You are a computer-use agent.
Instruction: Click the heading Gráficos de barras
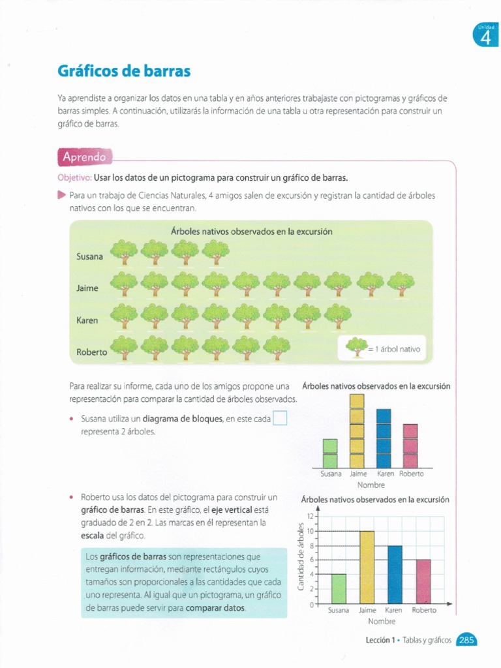pyautogui.click(x=124, y=70)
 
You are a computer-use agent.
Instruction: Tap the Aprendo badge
pyautogui.click(x=83, y=157)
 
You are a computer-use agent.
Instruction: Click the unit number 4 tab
pyautogui.click(x=485, y=35)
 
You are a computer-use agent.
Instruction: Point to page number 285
pyautogui.click(x=466, y=641)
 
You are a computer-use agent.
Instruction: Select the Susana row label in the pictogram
pyautogui.click(x=90, y=256)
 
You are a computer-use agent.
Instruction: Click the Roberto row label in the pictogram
pyautogui.click(x=92, y=352)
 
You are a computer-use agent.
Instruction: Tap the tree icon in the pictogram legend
pyautogui.click(x=356, y=347)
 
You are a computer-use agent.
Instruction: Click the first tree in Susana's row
pyautogui.click(x=123, y=252)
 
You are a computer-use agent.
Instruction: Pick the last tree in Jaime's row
pyautogui.click(x=400, y=284)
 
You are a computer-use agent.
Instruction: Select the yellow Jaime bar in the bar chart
pyautogui.click(x=367, y=567)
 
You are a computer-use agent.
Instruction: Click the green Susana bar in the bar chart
pyautogui.click(x=339, y=588)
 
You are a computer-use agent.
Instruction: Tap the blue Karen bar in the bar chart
pyautogui.click(x=395, y=574)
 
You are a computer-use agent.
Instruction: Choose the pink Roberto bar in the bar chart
pyautogui.click(x=423, y=581)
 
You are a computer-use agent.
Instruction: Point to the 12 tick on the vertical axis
pyautogui.click(x=311, y=517)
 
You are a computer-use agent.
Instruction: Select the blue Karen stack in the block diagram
pyautogui.click(x=384, y=438)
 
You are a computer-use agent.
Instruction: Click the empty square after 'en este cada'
pyautogui.click(x=280, y=418)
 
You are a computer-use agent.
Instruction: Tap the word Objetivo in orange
pyautogui.click(x=74, y=177)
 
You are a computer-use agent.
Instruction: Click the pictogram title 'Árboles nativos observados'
pyautogui.click(x=251, y=232)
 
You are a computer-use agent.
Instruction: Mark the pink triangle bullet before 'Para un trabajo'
pyautogui.click(x=61, y=194)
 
